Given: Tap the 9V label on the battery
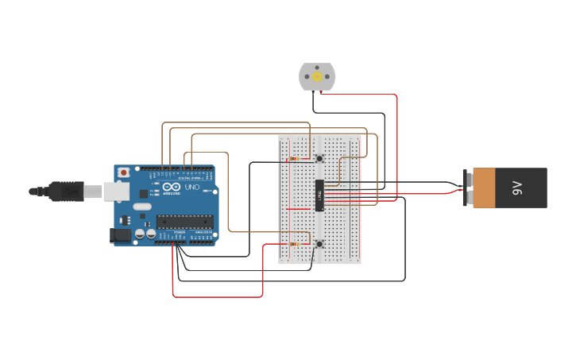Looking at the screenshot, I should [517, 188].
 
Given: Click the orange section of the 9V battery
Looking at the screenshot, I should [484, 188].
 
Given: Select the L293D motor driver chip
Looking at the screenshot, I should [319, 195].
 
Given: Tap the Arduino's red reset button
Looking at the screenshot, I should [123, 172].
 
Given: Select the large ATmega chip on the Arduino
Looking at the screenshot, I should [184, 221].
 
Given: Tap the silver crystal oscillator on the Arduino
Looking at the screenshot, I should [142, 207].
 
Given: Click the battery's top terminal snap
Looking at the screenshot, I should [469, 179].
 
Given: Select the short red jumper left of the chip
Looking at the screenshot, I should [298, 209].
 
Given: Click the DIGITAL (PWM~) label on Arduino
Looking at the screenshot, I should [189, 177].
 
